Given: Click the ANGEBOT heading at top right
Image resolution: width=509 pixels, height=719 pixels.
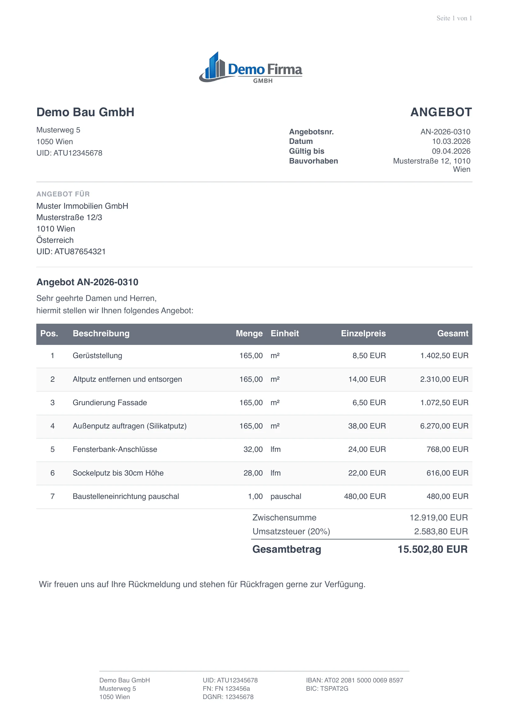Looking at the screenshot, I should [441, 112].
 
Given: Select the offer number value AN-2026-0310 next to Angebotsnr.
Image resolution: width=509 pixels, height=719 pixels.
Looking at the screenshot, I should [445, 132].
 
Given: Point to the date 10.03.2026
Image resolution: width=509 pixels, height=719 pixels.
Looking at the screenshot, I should [451, 141].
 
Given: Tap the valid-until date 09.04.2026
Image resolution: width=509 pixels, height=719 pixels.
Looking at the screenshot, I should [451, 151].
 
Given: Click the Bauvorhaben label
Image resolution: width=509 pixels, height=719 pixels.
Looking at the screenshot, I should [313, 161].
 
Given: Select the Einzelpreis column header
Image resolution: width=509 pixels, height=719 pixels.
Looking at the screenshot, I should [363, 334].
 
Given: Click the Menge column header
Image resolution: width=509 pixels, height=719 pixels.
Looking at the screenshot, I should [249, 334].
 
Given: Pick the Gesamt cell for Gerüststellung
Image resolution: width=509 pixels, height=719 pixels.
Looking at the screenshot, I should [444, 356].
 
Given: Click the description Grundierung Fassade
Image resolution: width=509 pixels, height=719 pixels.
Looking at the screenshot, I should [110, 403].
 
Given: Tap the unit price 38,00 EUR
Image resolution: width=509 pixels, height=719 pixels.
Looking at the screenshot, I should [367, 426].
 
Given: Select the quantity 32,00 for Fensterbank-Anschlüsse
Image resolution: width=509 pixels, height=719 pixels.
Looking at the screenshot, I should [253, 450].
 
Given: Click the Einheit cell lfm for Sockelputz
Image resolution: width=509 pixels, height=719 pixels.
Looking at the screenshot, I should [275, 473].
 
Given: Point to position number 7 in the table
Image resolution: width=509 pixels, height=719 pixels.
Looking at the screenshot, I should [52, 497].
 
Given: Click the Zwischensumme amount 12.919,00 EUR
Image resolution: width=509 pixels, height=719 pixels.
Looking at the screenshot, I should [439, 518].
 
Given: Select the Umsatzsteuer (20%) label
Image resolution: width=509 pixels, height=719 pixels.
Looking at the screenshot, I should [291, 532].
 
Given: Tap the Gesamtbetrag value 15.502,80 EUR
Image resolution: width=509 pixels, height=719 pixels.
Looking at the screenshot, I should [432, 550].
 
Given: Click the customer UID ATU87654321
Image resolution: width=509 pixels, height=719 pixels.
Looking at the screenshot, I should [71, 252].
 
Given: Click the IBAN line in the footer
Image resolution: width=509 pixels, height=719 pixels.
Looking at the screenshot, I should [355, 680].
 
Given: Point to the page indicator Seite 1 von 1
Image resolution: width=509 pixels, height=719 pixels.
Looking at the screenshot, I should [454, 18].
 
